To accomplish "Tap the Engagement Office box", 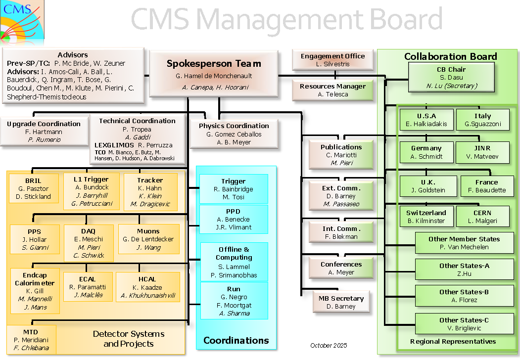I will (332, 60).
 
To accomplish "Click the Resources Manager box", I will (332, 90).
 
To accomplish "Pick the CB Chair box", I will (451, 77).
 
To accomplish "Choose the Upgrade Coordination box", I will (44, 132).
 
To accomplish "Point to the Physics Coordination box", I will (234, 134).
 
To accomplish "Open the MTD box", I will (30, 339).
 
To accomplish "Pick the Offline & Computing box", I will (234, 262).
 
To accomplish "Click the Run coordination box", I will (234, 301).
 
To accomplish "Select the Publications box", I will (341, 154).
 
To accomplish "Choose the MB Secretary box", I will (341, 302).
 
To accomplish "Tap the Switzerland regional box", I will (426, 217).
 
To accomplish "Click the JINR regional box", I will (482, 152).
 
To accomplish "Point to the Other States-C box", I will (464, 324).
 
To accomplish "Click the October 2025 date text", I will (329, 345).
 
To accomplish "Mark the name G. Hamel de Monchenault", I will (214, 76).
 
